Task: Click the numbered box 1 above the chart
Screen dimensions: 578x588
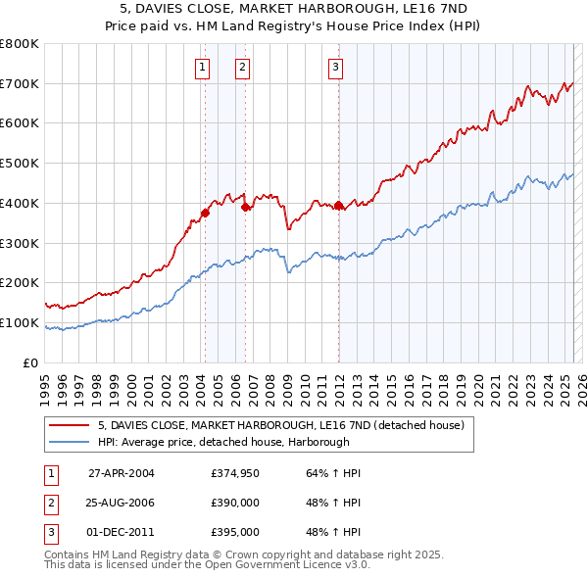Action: coord(201,68)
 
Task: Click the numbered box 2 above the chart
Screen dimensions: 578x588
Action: coord(241,68)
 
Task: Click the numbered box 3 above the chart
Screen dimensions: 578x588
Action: coord(335,68)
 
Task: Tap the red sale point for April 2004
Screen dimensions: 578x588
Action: coord(206,212)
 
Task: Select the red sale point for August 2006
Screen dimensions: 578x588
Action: coord(246,207)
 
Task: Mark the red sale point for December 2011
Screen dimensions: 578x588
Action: coord(338,206)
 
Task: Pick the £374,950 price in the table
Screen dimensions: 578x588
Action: coord(234,473)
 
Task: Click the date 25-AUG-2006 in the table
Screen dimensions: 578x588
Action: coord(122,503)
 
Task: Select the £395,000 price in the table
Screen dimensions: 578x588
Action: coord(234,532)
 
